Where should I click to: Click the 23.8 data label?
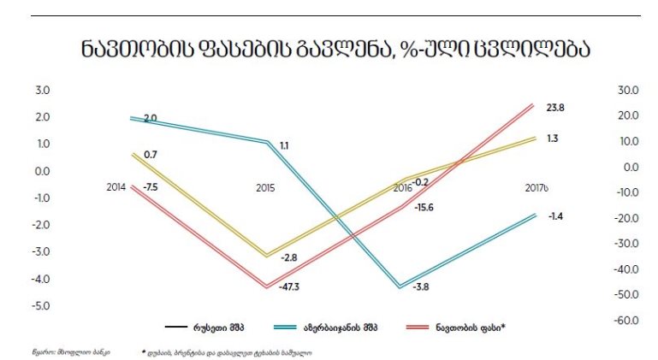[x=555, y=108]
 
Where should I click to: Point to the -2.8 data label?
[x=289, y=257]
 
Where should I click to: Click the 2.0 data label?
[x=150, y=117]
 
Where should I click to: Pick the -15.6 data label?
[x=423, y=206]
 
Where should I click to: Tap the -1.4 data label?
[x=555, y=217]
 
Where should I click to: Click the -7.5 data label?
[x=150, y=186]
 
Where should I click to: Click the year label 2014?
[x=116, y=186]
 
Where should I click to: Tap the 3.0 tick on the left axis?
[x=41, y=90]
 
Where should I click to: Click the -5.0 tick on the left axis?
[x=40, y=305]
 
